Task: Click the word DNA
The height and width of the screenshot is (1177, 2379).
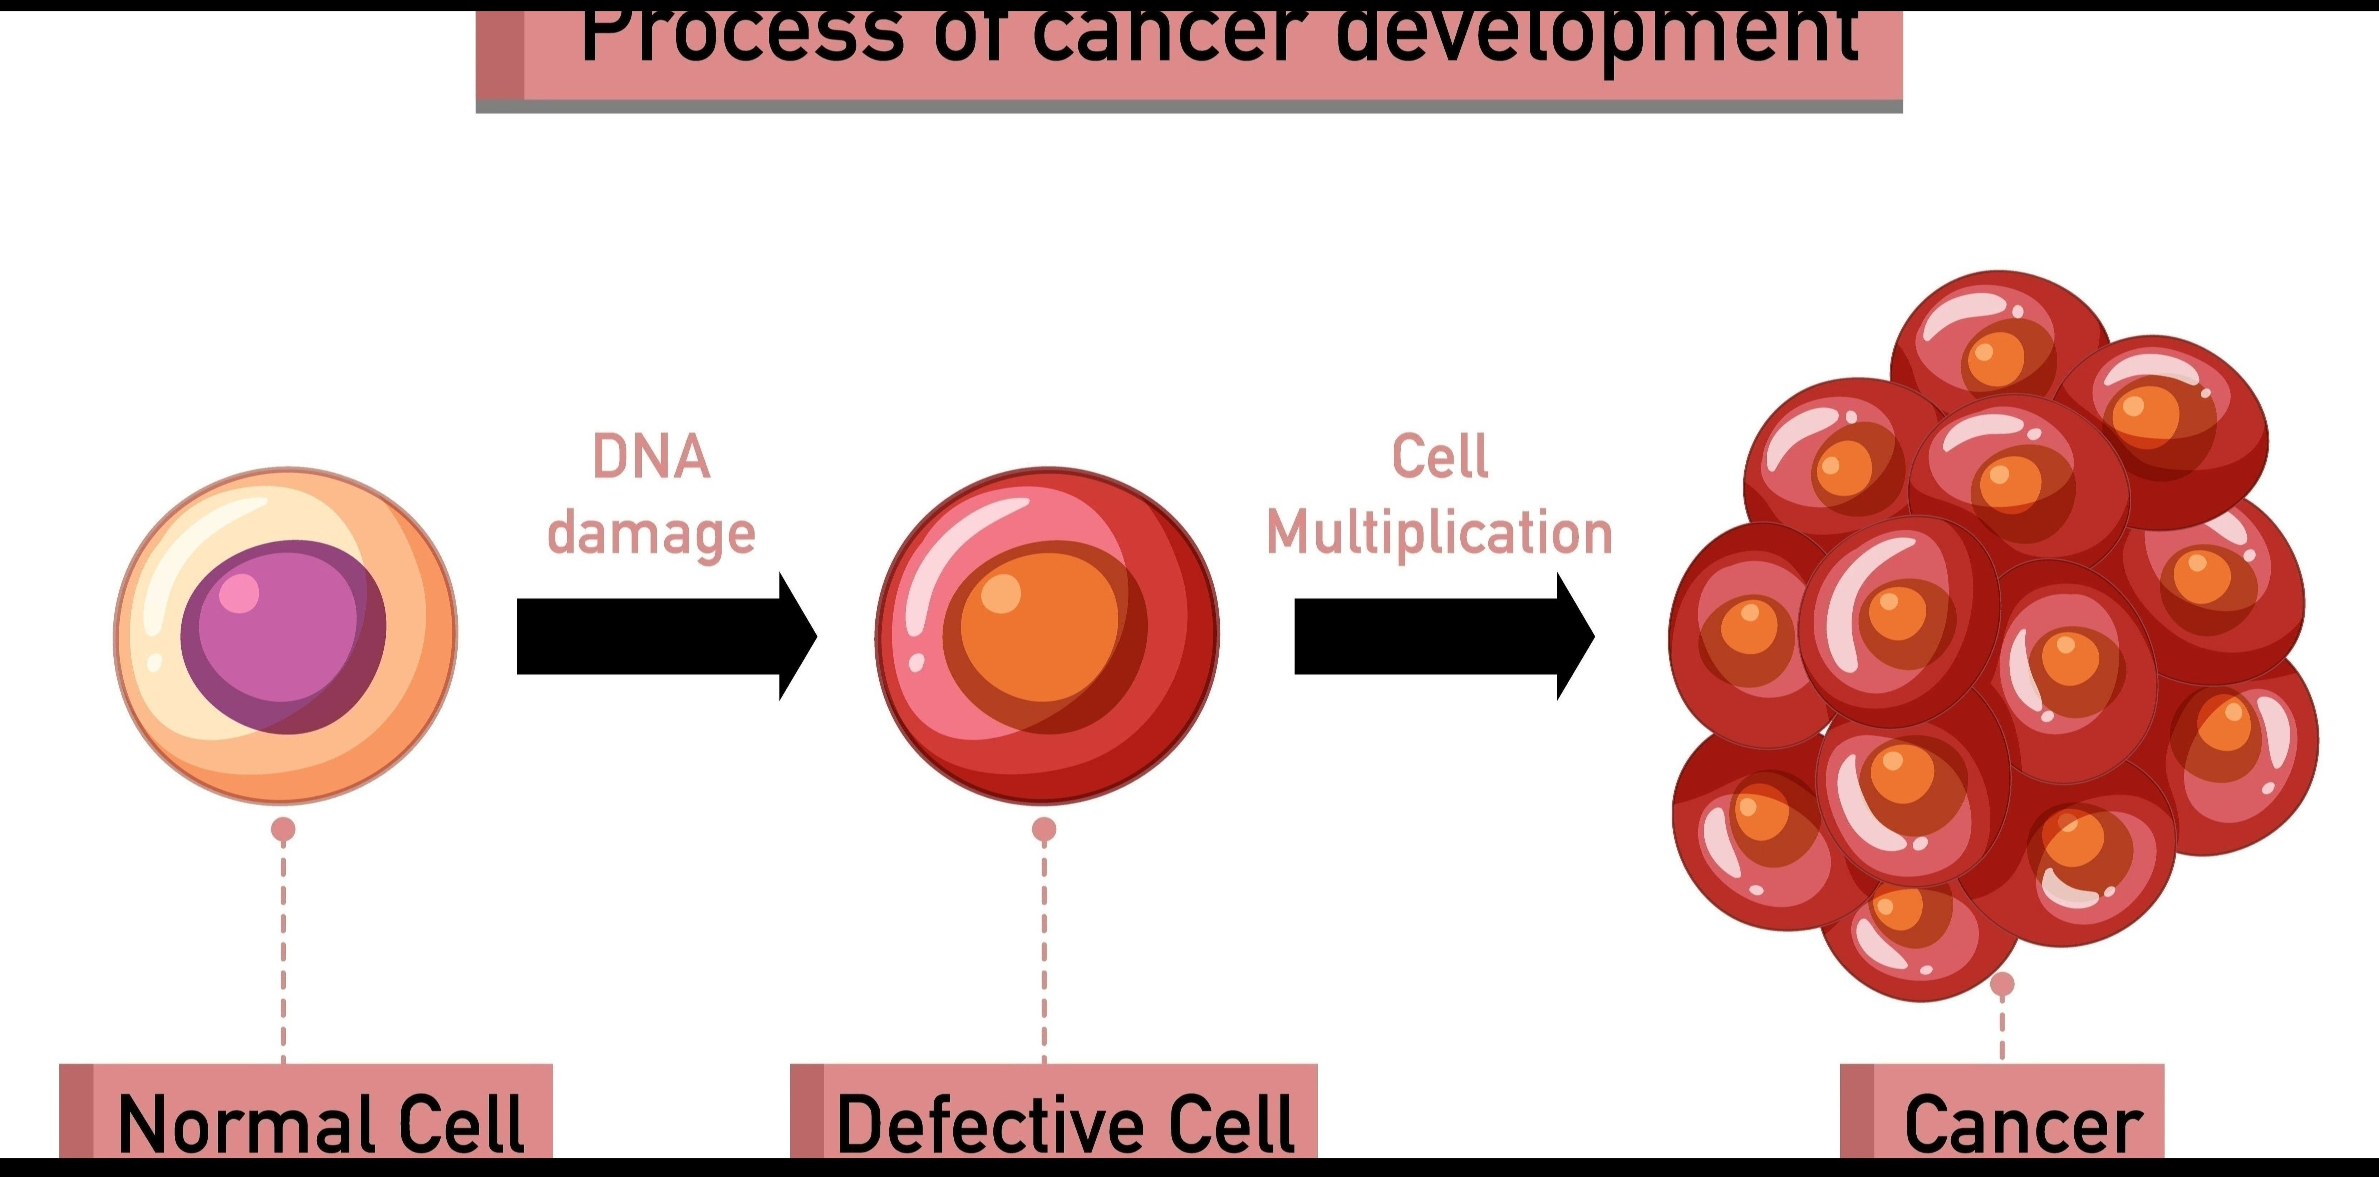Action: [x=651, y=457]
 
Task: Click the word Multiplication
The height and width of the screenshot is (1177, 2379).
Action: [x=1439, y=534]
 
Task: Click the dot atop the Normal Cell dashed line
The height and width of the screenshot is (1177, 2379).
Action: [x=284, y=829]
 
